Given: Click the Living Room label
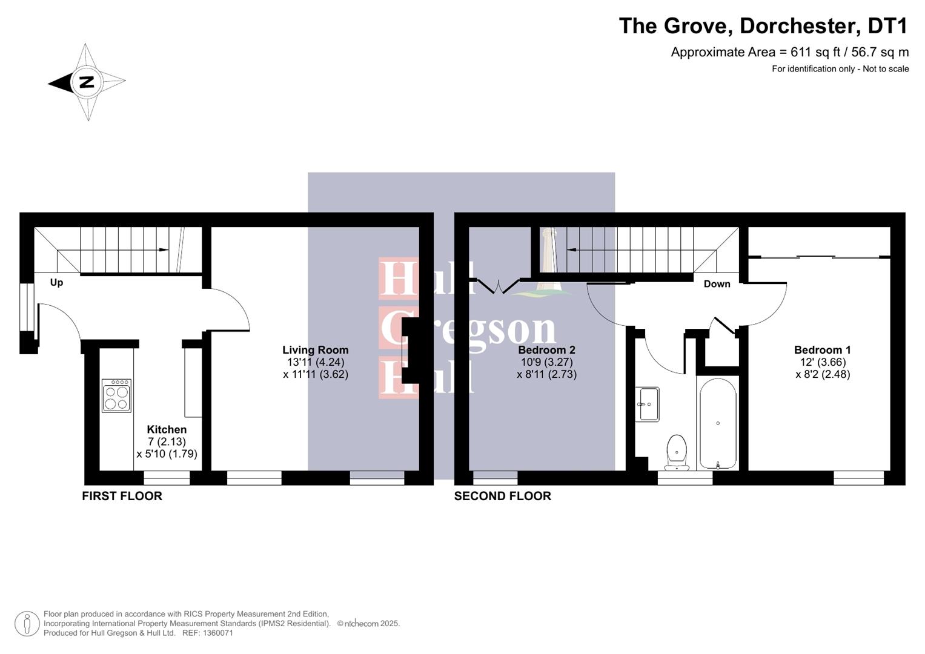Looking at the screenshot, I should [x=315, y=350].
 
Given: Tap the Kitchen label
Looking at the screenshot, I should [x=167, y=429].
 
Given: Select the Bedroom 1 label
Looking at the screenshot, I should [x=822, y=350].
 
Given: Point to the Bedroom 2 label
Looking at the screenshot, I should [x=546, y=350].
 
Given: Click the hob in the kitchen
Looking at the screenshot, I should [x=116, y=396].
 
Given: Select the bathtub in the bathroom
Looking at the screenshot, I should [x=718, y=423].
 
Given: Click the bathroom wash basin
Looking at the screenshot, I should [x=649, y=404].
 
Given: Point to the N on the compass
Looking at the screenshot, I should [x=87, y=82].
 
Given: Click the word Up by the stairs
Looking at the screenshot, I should [x=56, y=283].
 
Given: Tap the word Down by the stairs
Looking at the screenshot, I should [x=717, y=284].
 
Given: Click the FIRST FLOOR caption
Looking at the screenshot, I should [x=122, y=496].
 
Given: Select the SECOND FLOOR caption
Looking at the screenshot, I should [x=502, y=496].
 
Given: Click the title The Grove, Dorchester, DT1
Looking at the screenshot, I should [x=763, y=26].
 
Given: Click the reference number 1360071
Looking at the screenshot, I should [x=216, y=633].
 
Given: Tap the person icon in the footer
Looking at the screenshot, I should [x=27, y=624].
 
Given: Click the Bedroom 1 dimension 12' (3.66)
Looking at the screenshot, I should [x=822, y=362].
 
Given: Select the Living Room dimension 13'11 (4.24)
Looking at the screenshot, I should [x=315, y=362].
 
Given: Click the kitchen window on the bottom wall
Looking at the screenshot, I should [x=167, y=478].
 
